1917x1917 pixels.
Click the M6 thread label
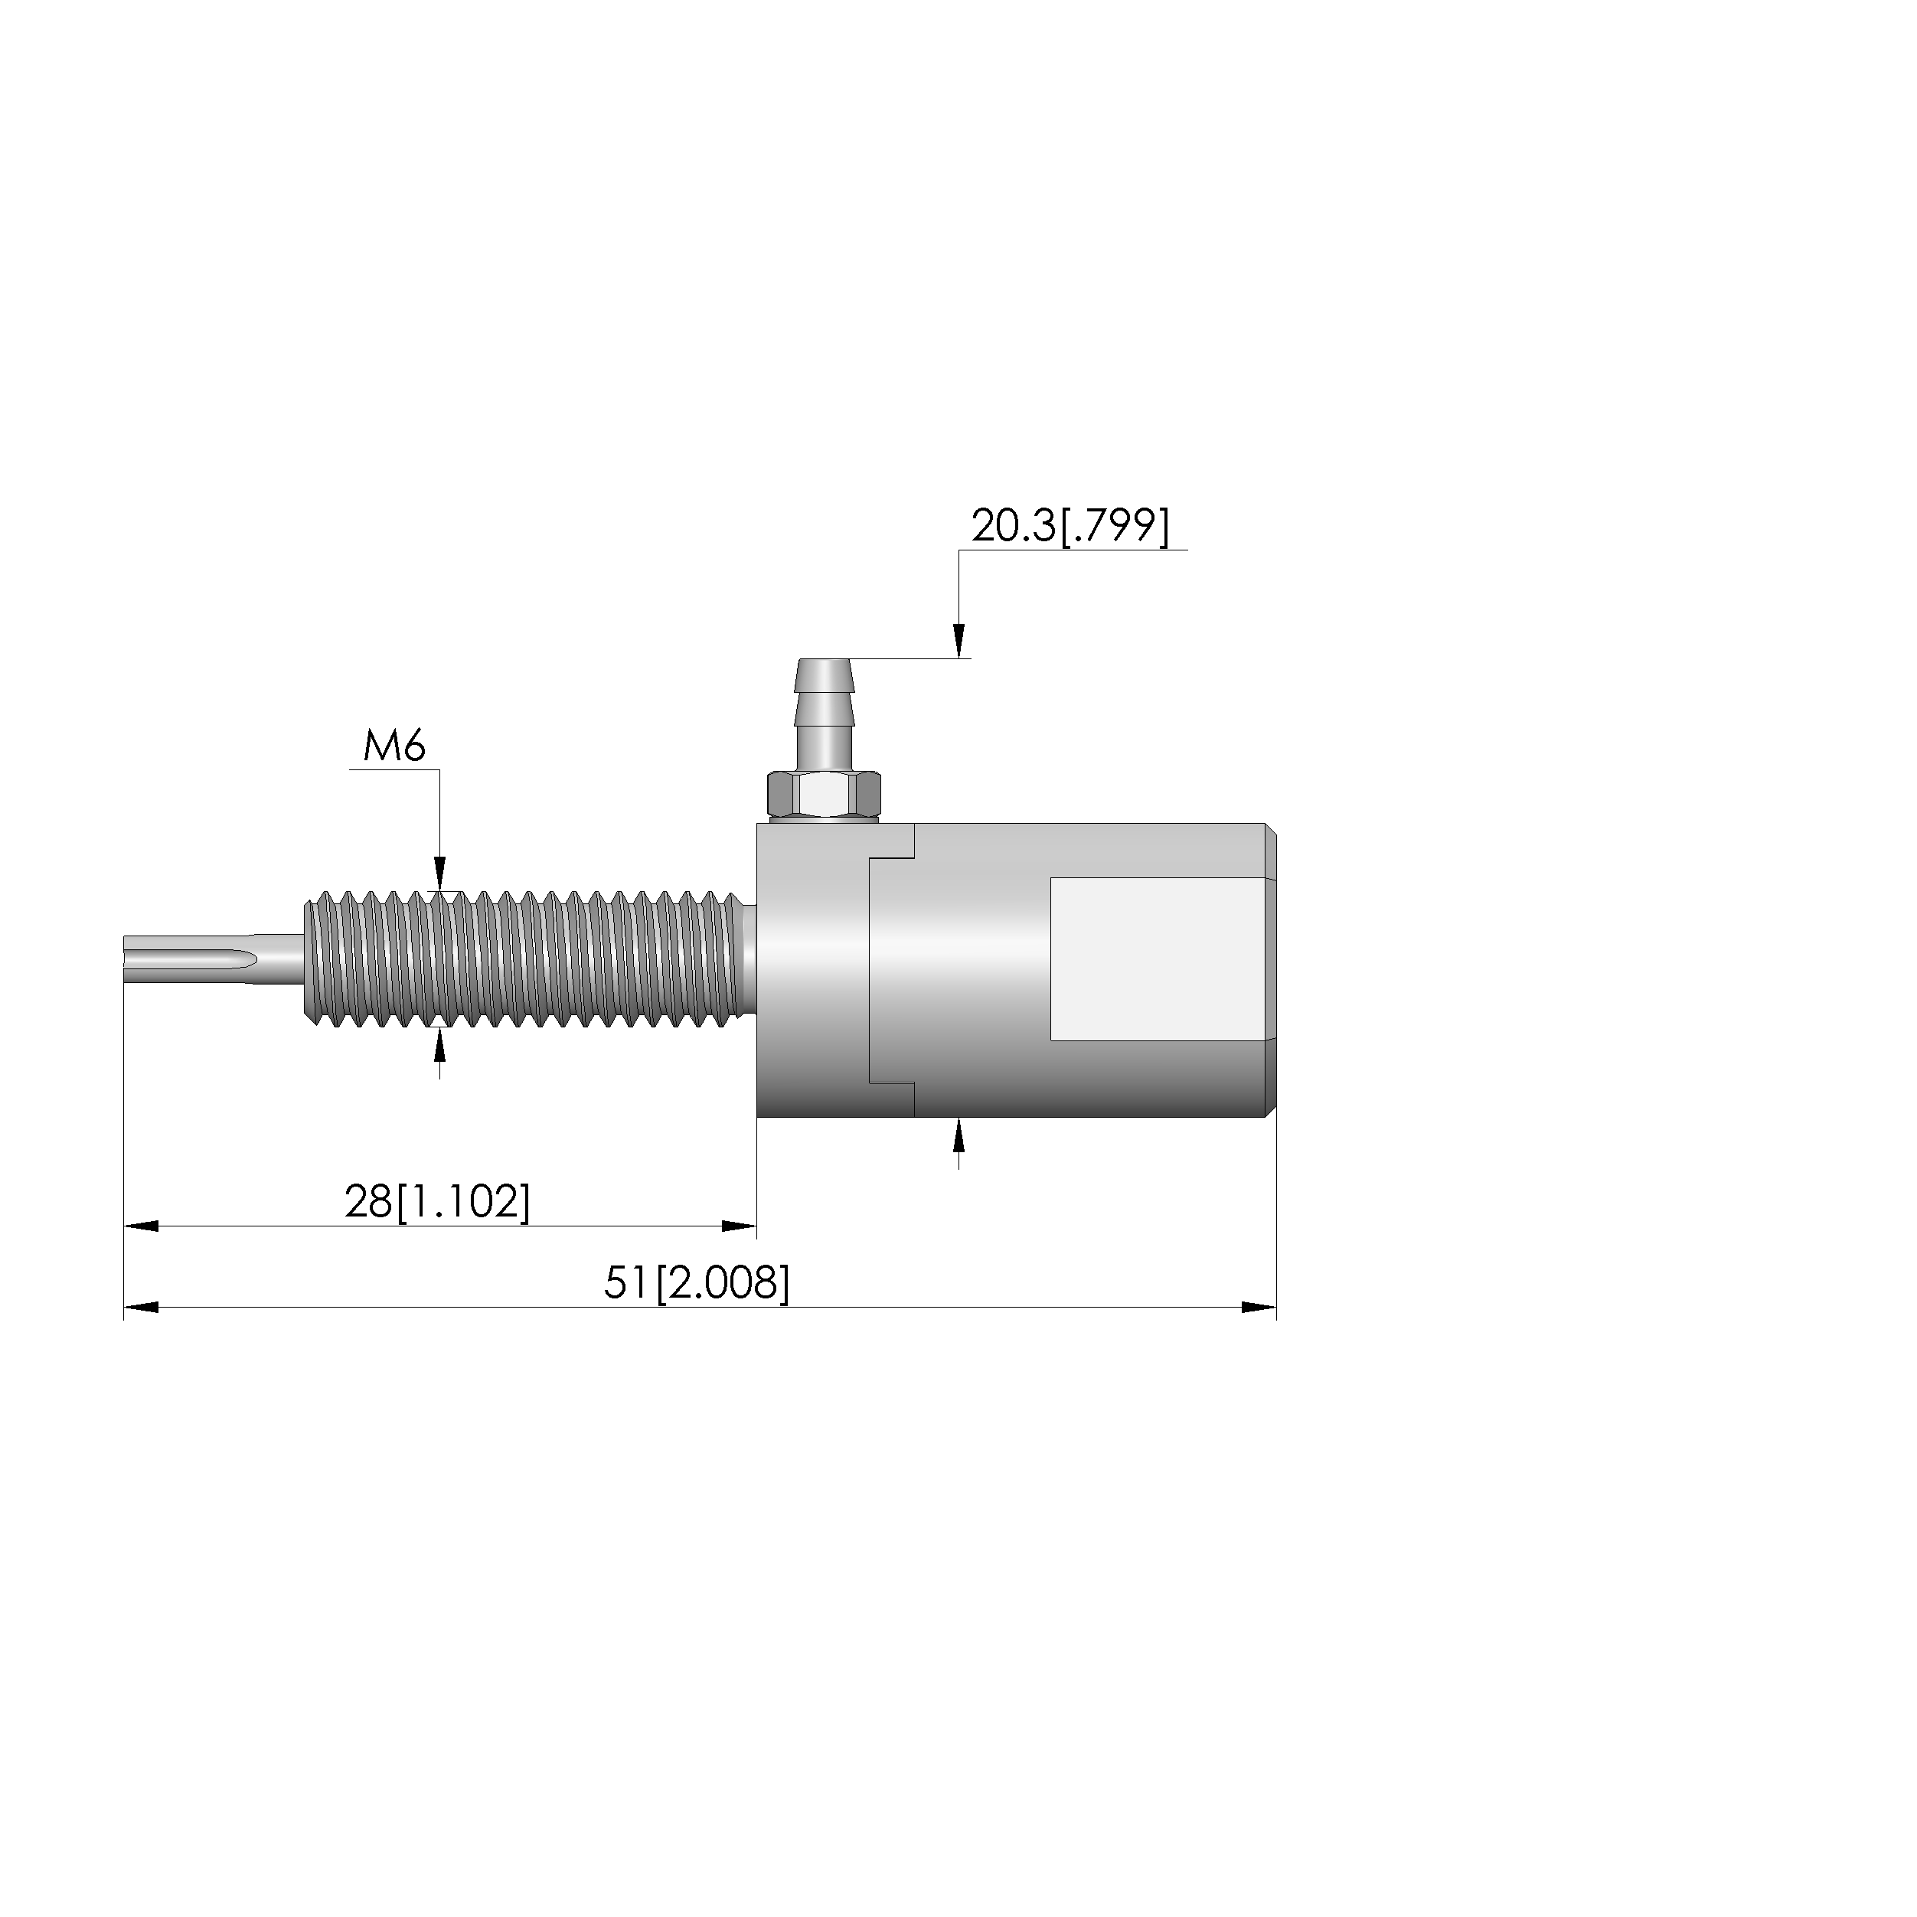coord(395,746)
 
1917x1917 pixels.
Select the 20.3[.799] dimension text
coord(1070,526)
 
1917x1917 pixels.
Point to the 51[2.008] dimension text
coord(697,1283)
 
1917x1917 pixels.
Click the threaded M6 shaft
coord(524,959)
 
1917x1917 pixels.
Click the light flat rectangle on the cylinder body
coord(1157,959)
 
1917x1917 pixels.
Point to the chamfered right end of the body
coord(1270,971)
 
